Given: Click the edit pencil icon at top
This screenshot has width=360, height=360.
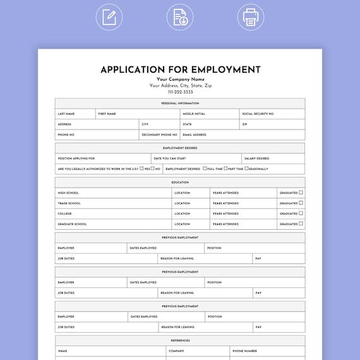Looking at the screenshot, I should tap(109, 17).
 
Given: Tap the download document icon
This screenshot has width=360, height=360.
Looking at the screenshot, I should tap(180, 17).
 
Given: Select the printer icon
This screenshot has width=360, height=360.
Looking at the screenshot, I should tap(251, 17).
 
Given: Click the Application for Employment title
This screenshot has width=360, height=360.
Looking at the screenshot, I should tap(180, 69).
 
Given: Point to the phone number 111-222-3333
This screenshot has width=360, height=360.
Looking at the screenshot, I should tap(180, 92).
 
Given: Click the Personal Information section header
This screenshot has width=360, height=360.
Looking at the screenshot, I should tap(180, 103).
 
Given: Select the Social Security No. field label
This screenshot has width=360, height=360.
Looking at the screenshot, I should tap(259, 114).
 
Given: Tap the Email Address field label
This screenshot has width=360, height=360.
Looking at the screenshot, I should tap(195, 135).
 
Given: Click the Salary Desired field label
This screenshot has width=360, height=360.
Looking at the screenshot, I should tap(257, 159).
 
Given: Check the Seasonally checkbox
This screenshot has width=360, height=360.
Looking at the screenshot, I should tap(246, 169).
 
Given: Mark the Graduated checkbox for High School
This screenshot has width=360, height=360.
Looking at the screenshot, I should tap(301, 193).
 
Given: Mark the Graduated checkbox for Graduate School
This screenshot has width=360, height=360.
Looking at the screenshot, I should tap(301, 224).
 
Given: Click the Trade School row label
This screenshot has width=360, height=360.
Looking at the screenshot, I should tap(68, 203).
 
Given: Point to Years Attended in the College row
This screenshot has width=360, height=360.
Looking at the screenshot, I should tap(225, 213).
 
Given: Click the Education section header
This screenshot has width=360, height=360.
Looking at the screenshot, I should tap(180, 183).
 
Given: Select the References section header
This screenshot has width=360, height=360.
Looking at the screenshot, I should tap(180, 340).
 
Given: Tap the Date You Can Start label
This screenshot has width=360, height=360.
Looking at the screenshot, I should tap(170, 159).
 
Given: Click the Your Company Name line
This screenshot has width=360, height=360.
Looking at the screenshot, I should tap(180, 79).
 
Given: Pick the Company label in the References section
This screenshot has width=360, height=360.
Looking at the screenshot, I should tap(176, 351).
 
